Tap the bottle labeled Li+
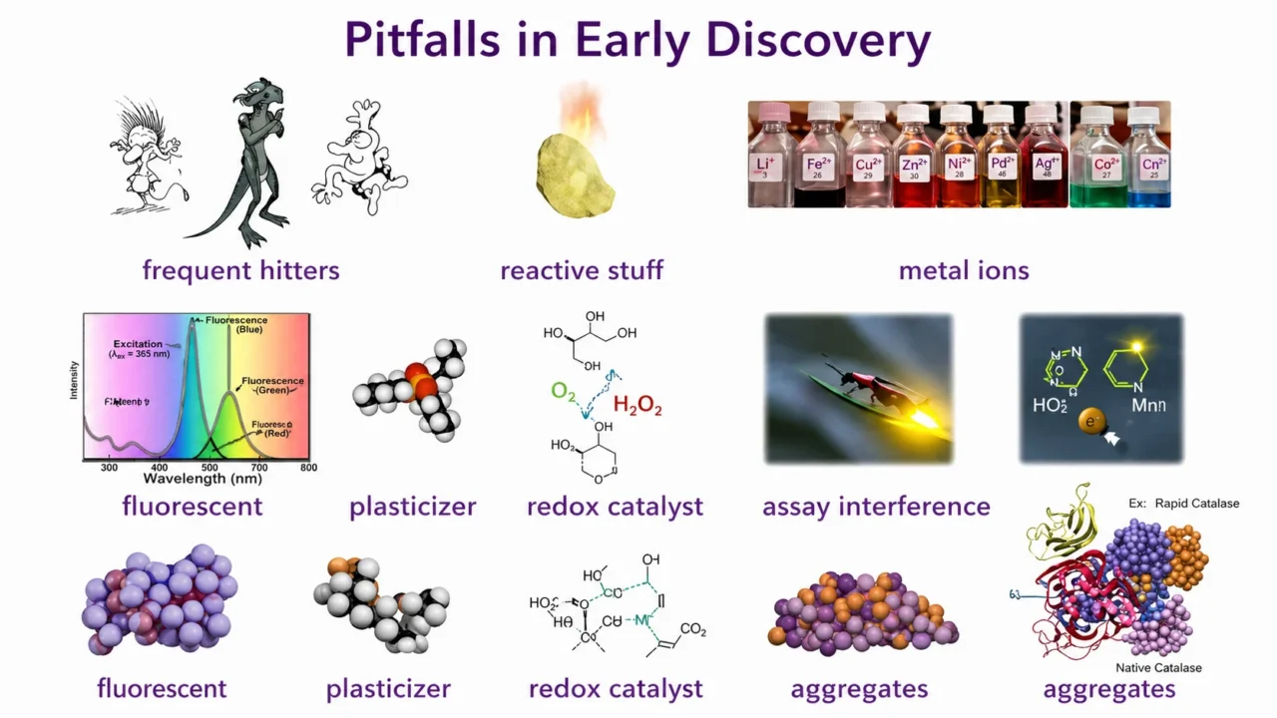(x=765, y=160)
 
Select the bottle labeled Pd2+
(x=999, y=160)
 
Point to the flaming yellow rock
(x=568, y=170)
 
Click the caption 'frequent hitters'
(x=240, y=270)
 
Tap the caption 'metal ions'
(x=963, y=270)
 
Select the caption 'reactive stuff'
(x=581, y=270)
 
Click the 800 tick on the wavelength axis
(x=308, y=467)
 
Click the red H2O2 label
(x=637, y=406)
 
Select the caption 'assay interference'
(x=876, y=507)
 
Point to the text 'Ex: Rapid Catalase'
(x=1183, y=504)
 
